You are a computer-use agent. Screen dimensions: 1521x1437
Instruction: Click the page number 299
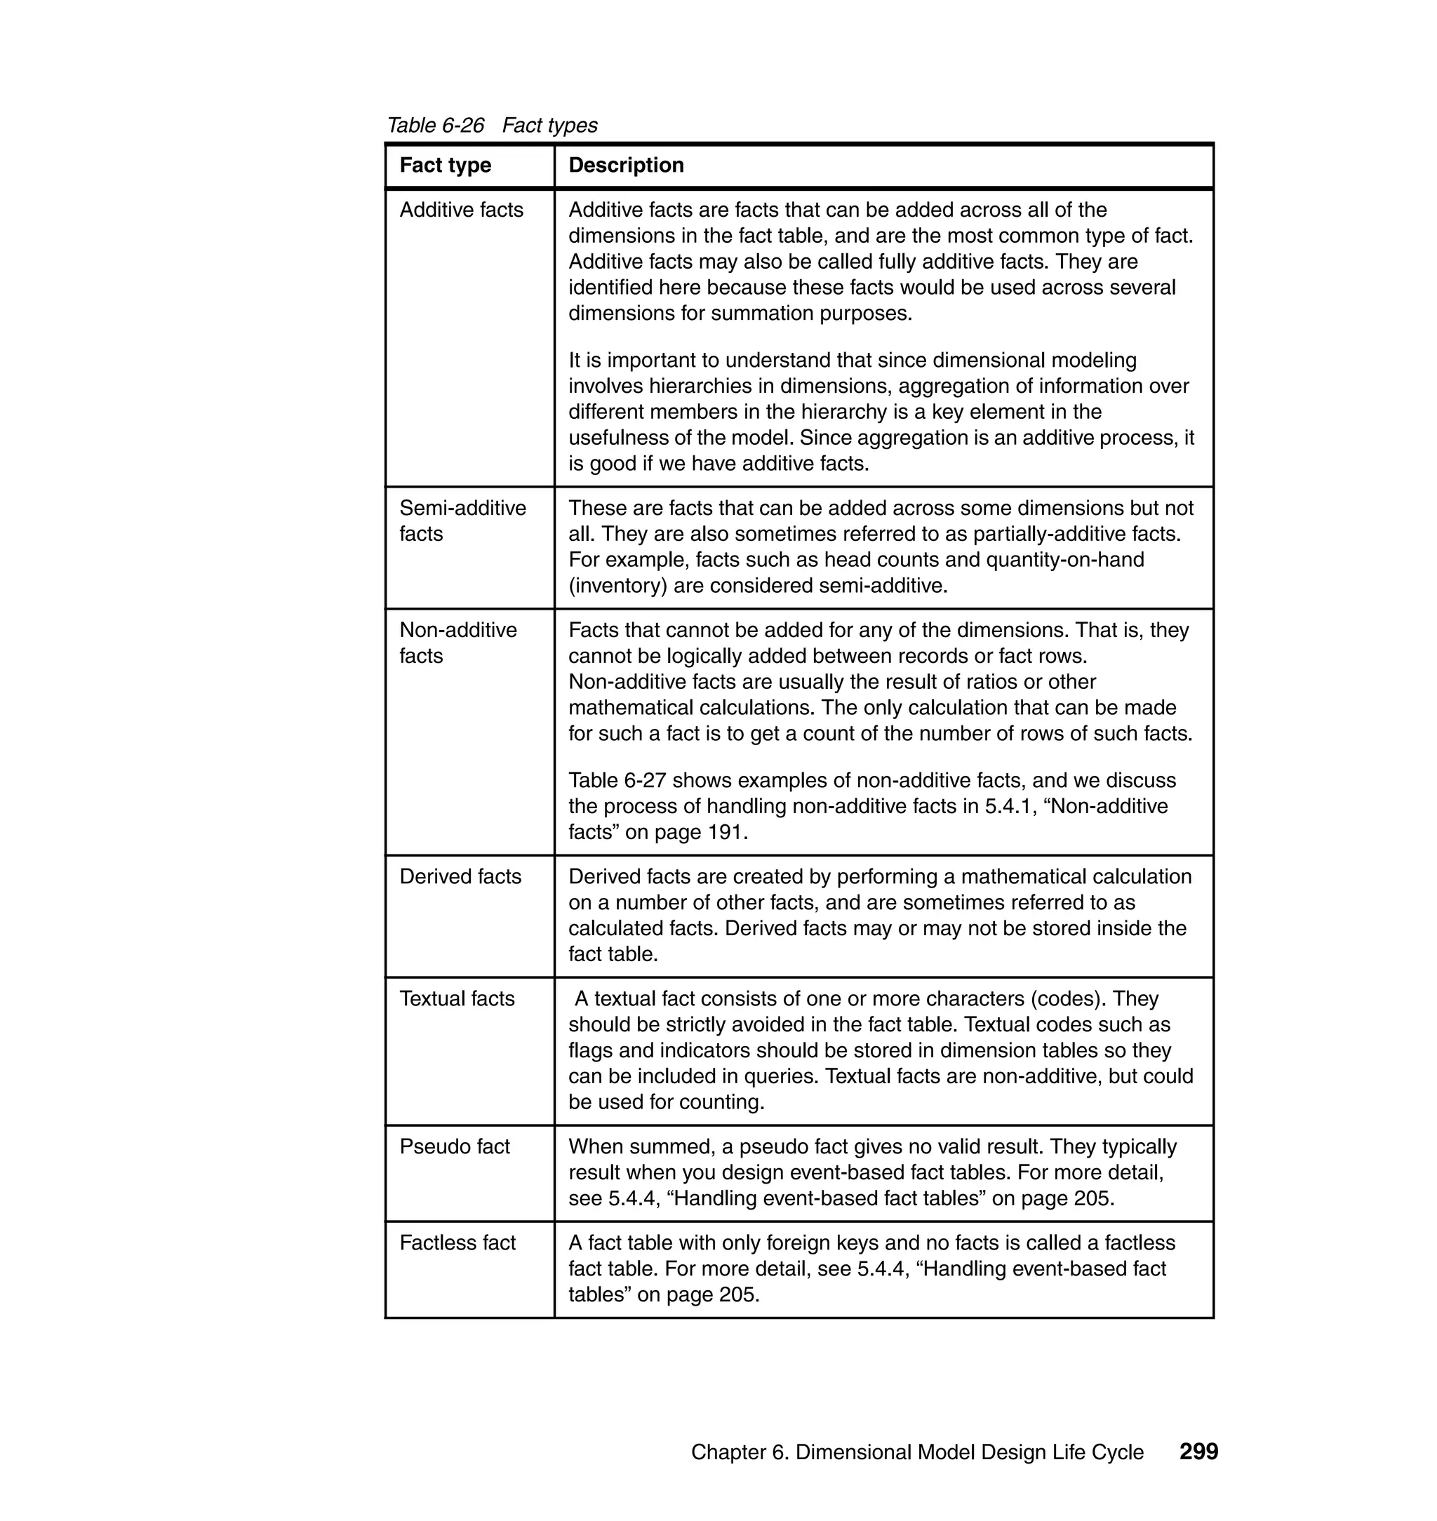point(1198,1451)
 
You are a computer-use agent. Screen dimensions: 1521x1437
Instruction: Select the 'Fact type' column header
point(445,165)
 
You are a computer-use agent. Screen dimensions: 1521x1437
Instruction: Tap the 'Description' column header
point(626,165)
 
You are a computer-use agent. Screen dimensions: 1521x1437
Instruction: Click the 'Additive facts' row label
point(461,210)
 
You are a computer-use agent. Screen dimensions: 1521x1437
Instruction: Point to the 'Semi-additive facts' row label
point(462,521)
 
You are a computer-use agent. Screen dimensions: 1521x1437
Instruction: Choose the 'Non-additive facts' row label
point(458,643)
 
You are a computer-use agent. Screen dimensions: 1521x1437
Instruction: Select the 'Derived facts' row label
point(460,876)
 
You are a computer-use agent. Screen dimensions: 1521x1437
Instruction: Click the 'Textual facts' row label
point(457,999)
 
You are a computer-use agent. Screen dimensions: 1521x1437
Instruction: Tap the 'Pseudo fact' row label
point(454,1146)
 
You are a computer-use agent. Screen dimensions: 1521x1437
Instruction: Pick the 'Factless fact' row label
point(457,1242)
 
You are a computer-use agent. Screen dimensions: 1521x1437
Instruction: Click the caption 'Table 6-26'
point(435,125)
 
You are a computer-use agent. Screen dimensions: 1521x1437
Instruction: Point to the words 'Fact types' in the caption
point(549,125)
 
